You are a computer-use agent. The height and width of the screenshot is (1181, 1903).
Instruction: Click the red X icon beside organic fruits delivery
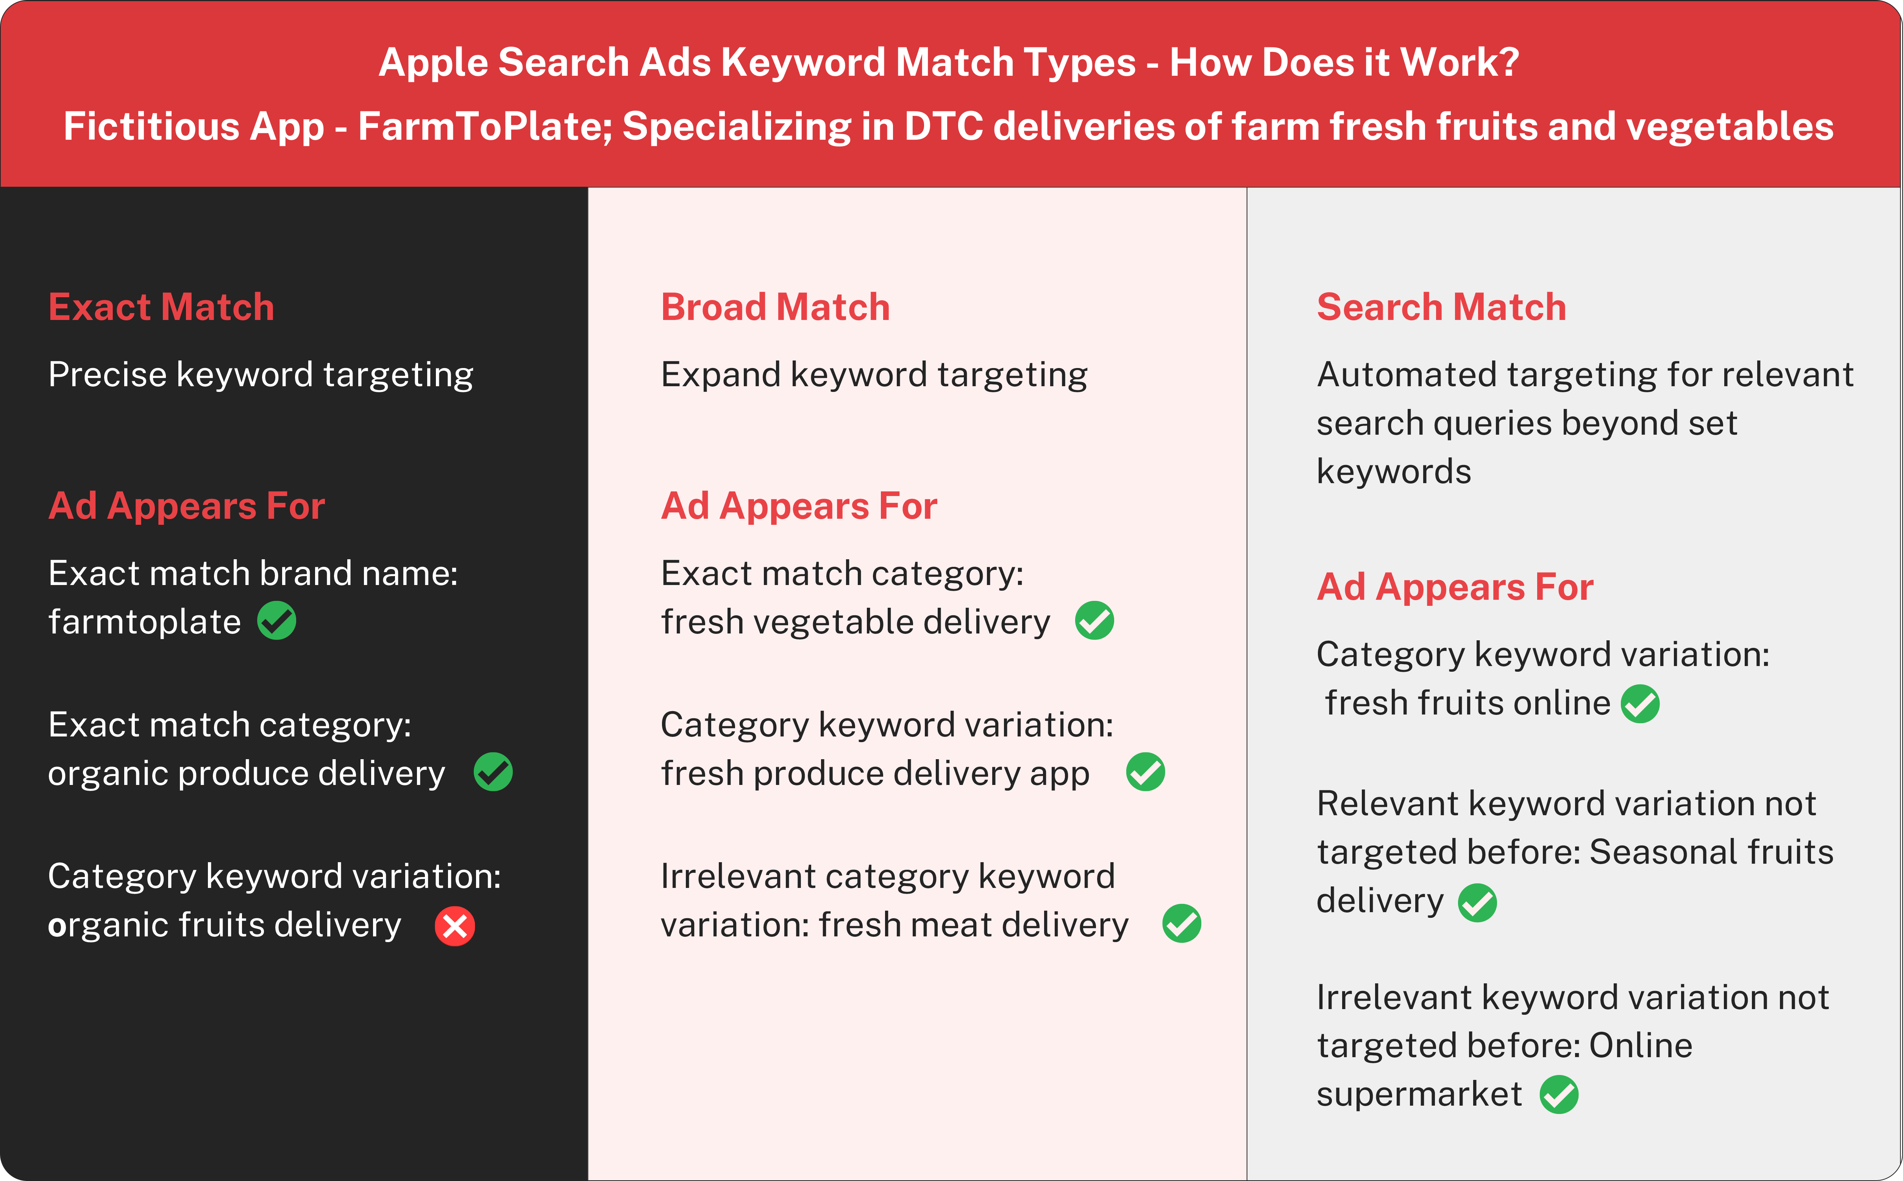pos(455,927)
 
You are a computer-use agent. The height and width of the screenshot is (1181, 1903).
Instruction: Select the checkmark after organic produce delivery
pos(493,772)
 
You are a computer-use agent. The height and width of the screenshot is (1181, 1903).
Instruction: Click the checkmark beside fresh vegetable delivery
pos(1094,621)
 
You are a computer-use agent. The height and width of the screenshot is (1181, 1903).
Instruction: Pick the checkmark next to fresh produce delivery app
pos(1145,772)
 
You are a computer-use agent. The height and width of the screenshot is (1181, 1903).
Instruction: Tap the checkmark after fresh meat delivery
pos(1181,924)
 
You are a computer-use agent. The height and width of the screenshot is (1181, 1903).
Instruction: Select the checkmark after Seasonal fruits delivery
pos(1477,903)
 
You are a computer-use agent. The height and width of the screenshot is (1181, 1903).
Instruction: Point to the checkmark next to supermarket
pos(1558,1094)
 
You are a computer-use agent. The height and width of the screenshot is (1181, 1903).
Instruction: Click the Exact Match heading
pos(161,307)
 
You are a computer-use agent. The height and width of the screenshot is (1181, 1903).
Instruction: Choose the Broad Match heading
pos(775,307)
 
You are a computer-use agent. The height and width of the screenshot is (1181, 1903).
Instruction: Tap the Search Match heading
pos(1441,307)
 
